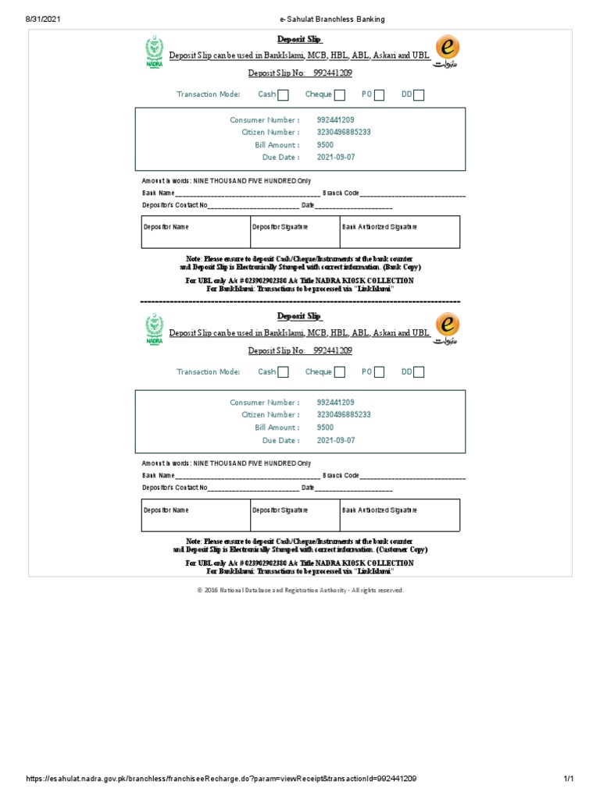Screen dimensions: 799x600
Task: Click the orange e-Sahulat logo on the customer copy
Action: click(x=447, y=328)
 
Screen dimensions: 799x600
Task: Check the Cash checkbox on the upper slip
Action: click(x=283, y=95)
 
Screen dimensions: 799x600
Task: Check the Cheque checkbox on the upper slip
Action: click(x=339, y=95)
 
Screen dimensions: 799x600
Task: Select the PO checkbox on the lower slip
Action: click(x=379, y=372)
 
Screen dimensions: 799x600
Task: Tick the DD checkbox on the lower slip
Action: click(x=419, y=372)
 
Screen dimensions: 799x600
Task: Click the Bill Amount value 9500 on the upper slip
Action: click(x=325, y=145)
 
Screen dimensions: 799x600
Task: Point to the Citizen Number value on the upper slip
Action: click(x=344, y=133)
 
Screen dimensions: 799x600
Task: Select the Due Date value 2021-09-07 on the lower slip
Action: click(x=336, y=440)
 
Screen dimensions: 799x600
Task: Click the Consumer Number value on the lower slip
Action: click(x=336, y=403)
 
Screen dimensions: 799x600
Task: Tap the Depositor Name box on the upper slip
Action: click(x=195, y=233)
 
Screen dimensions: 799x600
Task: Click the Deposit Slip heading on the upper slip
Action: click(x=300, y=39)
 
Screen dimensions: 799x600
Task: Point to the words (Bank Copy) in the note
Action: click(x=402, y=267)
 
